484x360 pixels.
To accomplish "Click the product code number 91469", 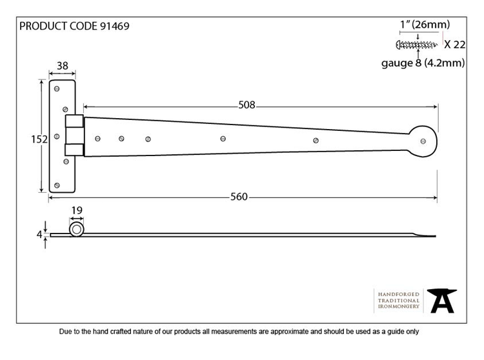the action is pos(115,26).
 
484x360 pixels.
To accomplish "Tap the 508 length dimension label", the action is pos(247,105).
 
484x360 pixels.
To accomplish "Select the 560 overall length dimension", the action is pos(239,197).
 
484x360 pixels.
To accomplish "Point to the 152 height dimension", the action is pos(39,139).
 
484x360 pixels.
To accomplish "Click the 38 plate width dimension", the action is pos(63,66).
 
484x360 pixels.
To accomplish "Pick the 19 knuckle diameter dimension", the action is pos(77,210).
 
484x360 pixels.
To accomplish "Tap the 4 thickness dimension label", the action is pos(39,235).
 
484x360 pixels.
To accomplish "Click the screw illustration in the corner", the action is pos(417,45).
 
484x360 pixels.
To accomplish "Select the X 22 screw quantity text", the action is pos(455,45).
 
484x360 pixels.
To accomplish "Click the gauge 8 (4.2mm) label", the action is pos(423,63).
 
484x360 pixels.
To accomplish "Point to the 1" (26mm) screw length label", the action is pos(425,25).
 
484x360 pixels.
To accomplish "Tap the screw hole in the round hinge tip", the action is pos(423,141).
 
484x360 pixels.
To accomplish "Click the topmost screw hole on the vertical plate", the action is pos(57,89).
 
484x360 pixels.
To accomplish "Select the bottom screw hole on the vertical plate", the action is pos(57,185).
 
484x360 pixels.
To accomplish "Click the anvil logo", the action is pos(442,301).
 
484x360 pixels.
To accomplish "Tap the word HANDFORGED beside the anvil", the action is pos(399,294).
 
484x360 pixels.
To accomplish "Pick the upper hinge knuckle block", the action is pos(74,121).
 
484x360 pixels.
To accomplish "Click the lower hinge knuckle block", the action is pos(74,150).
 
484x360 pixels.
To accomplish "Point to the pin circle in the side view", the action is pos(77,230).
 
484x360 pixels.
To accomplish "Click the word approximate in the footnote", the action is pos(290,332).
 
